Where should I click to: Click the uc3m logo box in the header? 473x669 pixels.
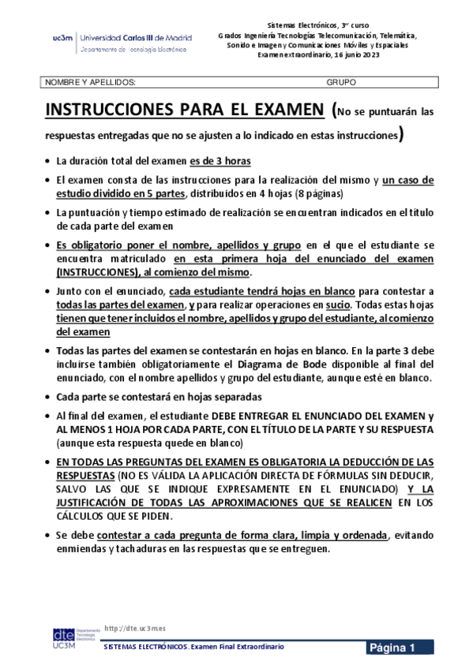click(x=62, y=37)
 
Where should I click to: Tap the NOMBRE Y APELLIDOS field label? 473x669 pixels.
click(x=89, y=81)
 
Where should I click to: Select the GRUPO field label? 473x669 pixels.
click(x=340, y=81)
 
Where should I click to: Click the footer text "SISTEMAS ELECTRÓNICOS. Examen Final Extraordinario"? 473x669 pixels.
click(x=194, y=648)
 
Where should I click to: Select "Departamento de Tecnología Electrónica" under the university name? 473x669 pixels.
click(x=133, y=50)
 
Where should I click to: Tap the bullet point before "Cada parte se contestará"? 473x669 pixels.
click(x=49, y=397)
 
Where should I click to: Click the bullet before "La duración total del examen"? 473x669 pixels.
click(x=49, y=161)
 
